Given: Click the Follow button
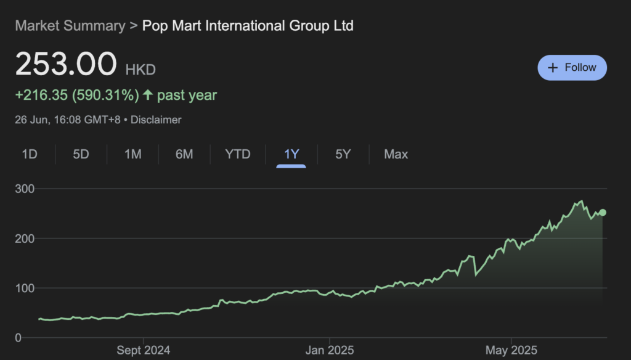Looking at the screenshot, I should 572,68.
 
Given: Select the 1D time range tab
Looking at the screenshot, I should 30,154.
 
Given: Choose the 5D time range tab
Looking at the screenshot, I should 81,154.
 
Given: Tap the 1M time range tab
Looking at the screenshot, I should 133,154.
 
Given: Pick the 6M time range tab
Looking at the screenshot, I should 184,154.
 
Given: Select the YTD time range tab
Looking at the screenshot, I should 238,154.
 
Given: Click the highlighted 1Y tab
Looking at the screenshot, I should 291,154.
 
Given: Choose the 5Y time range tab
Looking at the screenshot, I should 343,154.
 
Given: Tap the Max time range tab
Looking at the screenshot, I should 396,154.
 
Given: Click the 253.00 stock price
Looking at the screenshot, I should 66,65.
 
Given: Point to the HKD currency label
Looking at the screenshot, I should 140,70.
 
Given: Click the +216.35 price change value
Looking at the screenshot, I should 42,96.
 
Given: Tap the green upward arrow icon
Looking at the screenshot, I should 148,96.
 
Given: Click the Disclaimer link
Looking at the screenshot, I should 157,120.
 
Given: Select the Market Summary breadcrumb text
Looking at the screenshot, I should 70,26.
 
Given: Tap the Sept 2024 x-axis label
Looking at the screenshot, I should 144,350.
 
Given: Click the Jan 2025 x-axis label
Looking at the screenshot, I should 329,350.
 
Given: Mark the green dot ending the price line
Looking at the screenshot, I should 603,213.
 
